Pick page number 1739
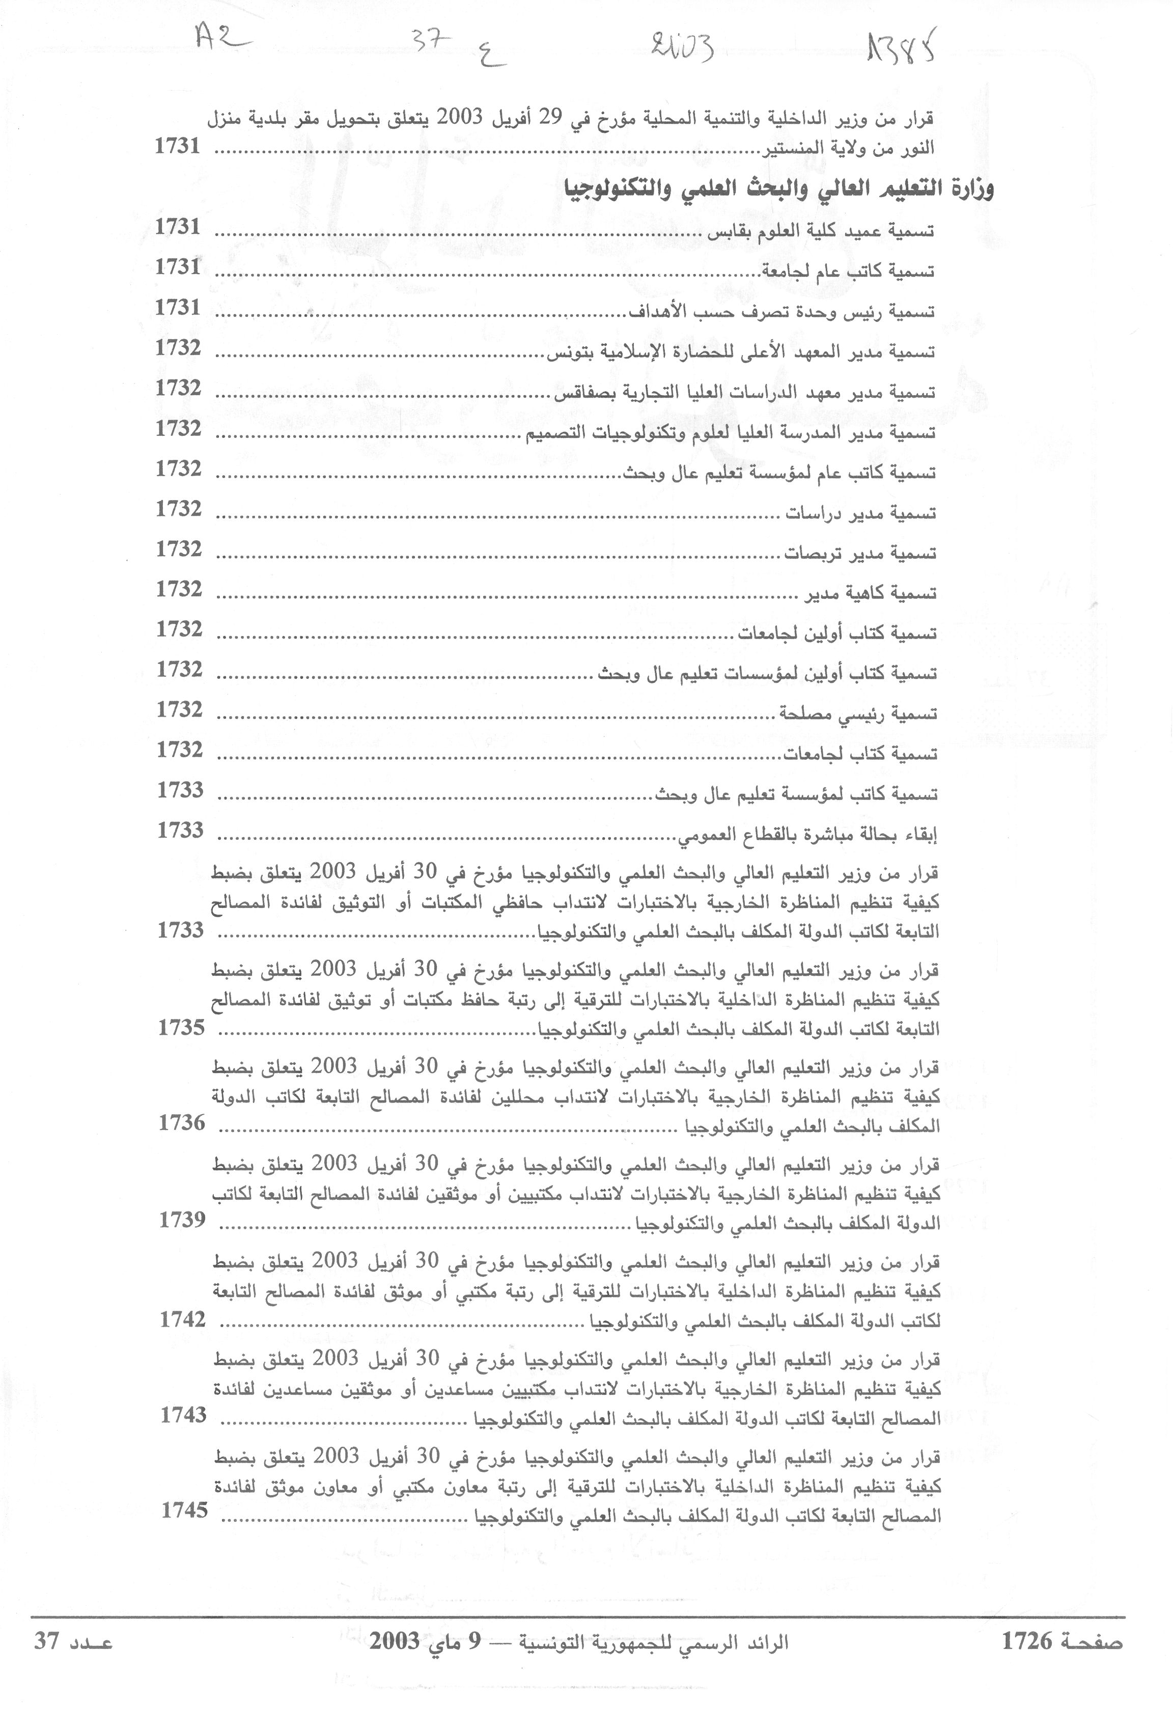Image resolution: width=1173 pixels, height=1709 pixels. pos(182,1219)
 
